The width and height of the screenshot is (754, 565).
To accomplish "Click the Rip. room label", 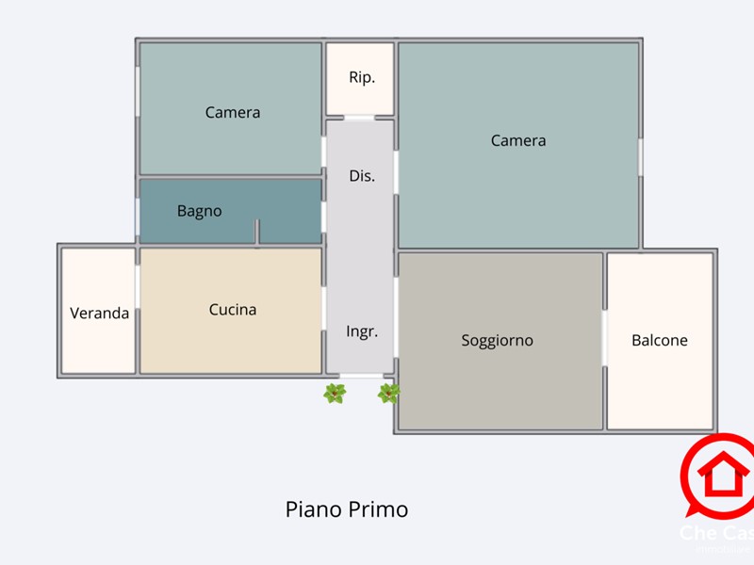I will pos(362,77).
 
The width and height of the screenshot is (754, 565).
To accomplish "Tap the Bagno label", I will pos(200,211).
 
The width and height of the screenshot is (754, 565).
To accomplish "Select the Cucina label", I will pos(233,309).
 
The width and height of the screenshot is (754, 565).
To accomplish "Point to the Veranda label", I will pos(99,313).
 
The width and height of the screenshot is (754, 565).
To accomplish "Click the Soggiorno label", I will pos(497,340).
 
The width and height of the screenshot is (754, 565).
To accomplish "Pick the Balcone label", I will pos(660,340).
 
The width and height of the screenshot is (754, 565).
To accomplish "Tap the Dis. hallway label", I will pos(362,175).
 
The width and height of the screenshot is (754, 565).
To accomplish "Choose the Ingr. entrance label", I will pos(362,331).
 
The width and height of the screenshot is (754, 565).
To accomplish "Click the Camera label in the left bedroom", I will pos(233,112).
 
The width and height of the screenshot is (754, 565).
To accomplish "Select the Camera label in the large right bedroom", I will pos(518,140).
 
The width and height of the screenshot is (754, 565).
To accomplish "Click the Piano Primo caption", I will pos(347,509).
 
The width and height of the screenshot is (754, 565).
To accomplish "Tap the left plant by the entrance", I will pos(334,394).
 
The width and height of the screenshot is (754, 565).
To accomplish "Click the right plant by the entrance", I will pos(388,394).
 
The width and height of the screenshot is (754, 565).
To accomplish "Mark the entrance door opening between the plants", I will pos(361,376).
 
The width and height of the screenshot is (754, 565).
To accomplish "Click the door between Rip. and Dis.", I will pos(359,118).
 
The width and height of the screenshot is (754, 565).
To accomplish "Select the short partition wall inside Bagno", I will pos(257,232).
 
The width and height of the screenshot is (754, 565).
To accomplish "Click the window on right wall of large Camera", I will pos(640,156).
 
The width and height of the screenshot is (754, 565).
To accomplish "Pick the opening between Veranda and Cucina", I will pos(138,285).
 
